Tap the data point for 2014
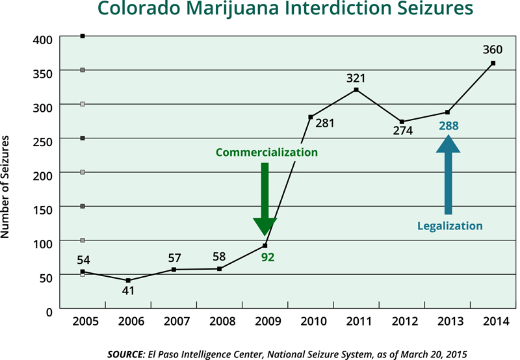tap(493, 63)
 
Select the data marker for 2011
tap(356, 90)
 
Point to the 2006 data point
tap(128, 280)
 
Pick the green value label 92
tap(268, 257)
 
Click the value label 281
tap(324, 122)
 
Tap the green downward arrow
tap(265, 198)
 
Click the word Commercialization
tap(266, 153)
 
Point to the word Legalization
tap(450, 226)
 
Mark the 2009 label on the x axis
tap(265, 322)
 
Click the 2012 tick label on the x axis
tap(402, 322)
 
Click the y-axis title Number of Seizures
tap(8, 187)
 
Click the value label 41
tap(128, 290)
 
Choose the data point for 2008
tap(219, 268)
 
